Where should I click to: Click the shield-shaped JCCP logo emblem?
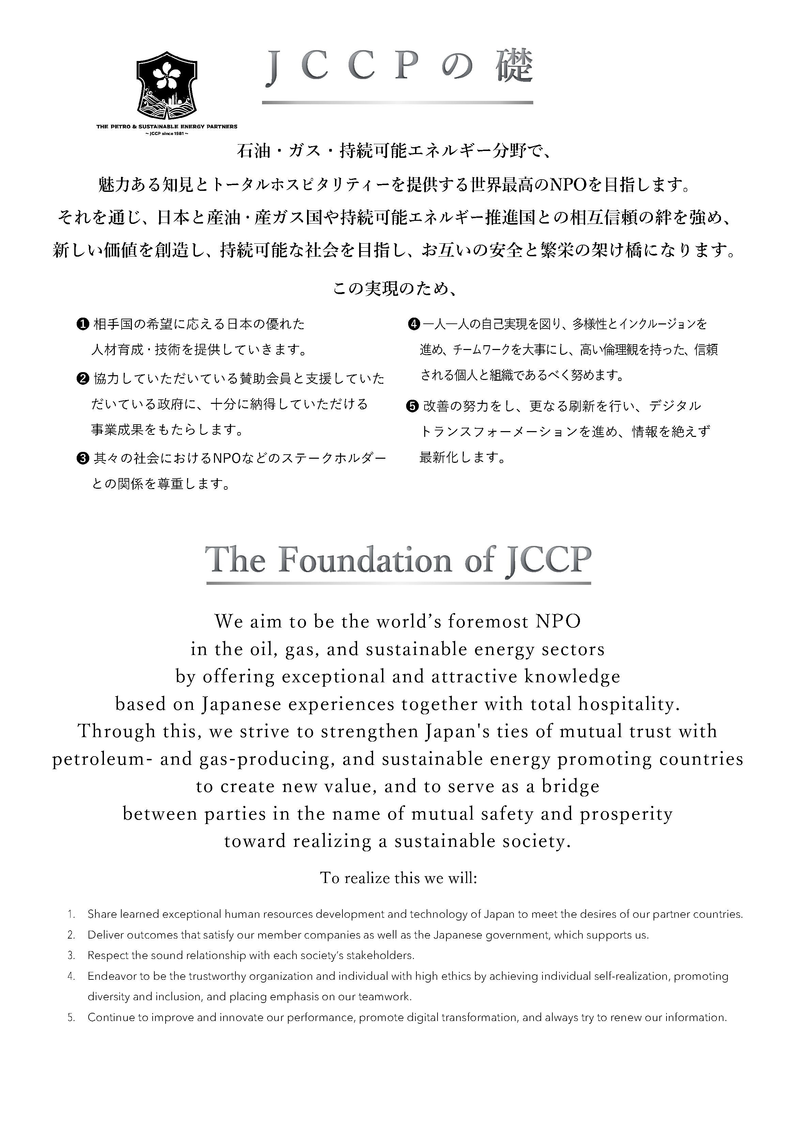click(166, 86)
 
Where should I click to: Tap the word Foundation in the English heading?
click(365, 560)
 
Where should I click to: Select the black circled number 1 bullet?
click(82, 324)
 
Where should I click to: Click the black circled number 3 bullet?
click(82, 458)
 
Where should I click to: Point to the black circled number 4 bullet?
click(414, 324)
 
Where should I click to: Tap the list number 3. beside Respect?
click(71, 955)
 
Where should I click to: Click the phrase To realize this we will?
click(399, 878)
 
